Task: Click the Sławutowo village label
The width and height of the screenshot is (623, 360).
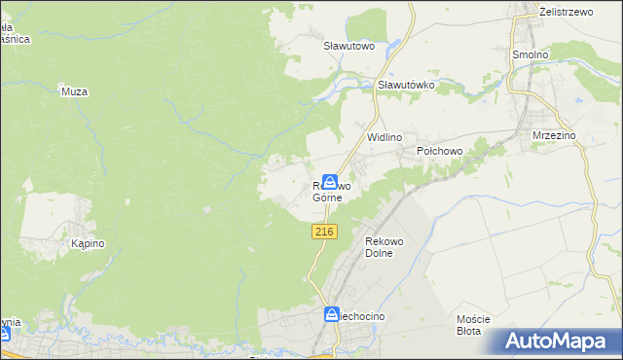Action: [348, 45]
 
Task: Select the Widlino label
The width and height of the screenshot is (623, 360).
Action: [384, 138]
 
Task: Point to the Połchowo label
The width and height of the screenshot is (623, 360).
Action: [438, 152]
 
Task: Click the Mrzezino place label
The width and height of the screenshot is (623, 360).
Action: [555, 136]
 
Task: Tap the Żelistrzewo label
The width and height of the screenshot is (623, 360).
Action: [567, 11]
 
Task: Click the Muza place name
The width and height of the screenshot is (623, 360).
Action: [74, 91]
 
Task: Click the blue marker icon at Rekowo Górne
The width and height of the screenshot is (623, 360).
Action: [331, 182]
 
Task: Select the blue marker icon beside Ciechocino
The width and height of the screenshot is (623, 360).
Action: [331, 314]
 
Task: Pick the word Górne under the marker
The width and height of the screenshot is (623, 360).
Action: [327, 198]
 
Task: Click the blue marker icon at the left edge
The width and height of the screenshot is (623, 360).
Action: [4, 334]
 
